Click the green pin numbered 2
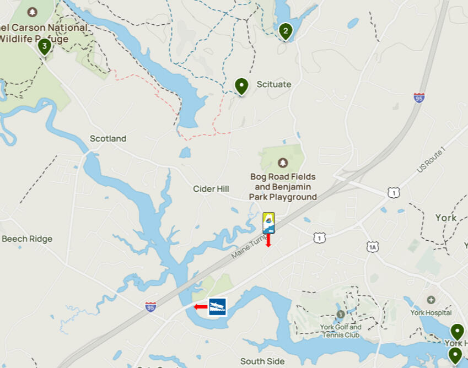point(285,31)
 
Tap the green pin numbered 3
point(44,46)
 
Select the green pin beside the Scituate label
point(241,86)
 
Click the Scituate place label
point(273,84)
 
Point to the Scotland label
point(108,139)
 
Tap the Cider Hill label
point(211,189)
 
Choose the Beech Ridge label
point(27,239)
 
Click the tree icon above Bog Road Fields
point(283,163)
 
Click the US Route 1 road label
point(431,160)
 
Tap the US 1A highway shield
point(373,247)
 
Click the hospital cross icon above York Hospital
point(431,300)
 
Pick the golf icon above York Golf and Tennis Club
point(340,314)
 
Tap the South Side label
point(262,361)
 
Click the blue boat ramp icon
point(217,306)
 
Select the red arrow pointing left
point(200,307)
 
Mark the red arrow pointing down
point(269,241)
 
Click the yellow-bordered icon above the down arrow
point(269,222)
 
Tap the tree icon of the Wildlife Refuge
point(33,12)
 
